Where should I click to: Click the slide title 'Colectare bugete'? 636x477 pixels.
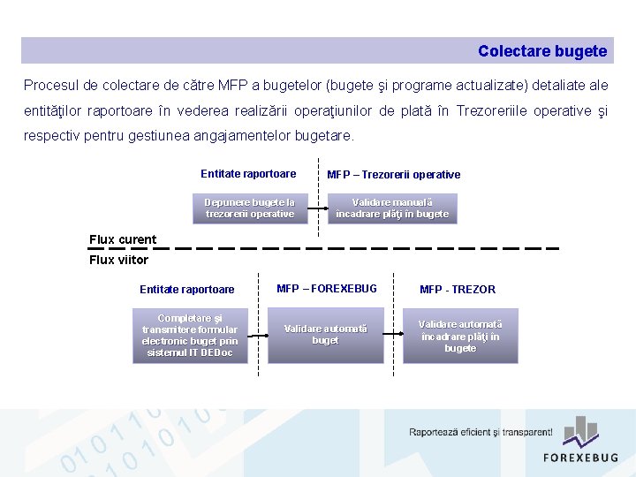(542, 51)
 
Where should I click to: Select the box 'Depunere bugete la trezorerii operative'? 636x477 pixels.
(250, 208)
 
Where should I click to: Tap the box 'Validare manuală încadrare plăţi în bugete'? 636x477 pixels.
(392, 208)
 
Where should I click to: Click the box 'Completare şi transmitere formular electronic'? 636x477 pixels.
(190, 336)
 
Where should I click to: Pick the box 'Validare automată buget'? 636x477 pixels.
(325, 335)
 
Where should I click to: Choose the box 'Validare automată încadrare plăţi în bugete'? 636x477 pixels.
(460, 336)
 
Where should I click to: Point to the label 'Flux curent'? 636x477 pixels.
(123, 239)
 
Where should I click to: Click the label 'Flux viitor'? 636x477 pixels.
(118, 260)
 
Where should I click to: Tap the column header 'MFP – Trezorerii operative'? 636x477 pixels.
(394, 175)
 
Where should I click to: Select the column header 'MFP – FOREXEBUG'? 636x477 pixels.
(327, 289)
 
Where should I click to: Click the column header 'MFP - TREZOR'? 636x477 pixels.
(458, 290)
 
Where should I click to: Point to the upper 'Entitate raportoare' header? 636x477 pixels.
(248, 174)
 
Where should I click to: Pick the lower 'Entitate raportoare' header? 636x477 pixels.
(187, 290)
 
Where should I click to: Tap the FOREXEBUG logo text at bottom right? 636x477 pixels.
(580, 458)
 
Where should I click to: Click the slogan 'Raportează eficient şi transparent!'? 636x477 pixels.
(481, 432)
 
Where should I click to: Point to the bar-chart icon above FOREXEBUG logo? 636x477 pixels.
(581, 430)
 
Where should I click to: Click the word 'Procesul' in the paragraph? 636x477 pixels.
(49, 86)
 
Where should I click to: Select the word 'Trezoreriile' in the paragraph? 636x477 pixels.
(493, 111)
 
